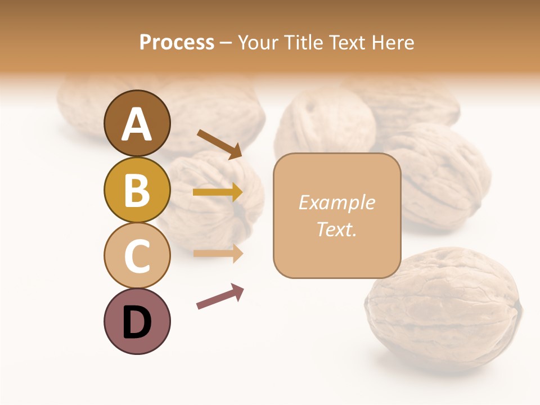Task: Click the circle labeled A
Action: [137, 123]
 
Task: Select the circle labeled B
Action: [137, 190]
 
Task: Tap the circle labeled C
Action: [137, 255]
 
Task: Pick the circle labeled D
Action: [137, 321]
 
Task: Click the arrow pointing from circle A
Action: [219, 144]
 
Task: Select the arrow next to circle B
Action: [218, 192]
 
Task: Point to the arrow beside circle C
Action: [218, 253]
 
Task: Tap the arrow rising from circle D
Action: [220, 296]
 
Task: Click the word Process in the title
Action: [177, 42]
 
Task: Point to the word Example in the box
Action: [336, 202]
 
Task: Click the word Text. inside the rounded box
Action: [336, 229]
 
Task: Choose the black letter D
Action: [137, 322]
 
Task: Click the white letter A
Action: [137, 124]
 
